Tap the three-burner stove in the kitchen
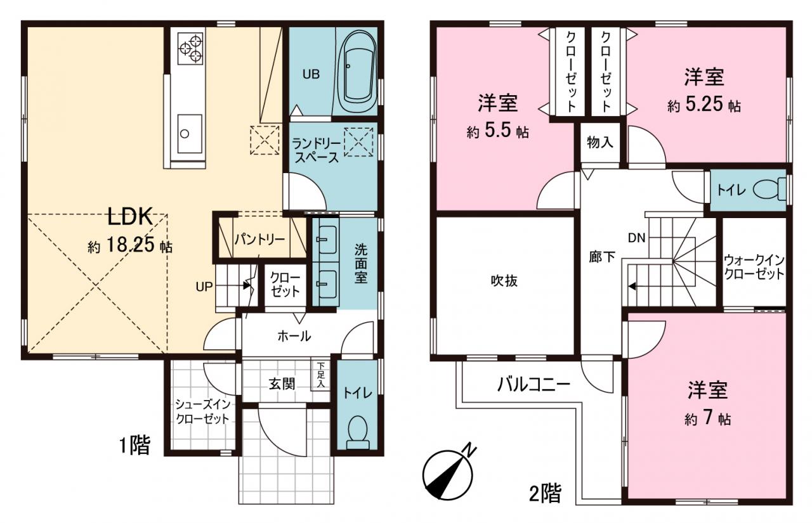coord(191,49)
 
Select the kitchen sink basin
coord(189,134)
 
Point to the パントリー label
coord(259,240)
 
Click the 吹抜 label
coord(504,281)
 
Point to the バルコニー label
coord(534,385)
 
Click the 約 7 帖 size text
coord(707,419)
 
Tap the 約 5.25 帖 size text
coord(704,105)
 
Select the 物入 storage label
coord(600,143)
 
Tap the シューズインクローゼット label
coord(202,411)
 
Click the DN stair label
coord(636,238)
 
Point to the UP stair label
coord(204,287)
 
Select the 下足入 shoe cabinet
coord(320,375)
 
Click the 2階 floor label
coord(546,493)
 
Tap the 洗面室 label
coord(361,263)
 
